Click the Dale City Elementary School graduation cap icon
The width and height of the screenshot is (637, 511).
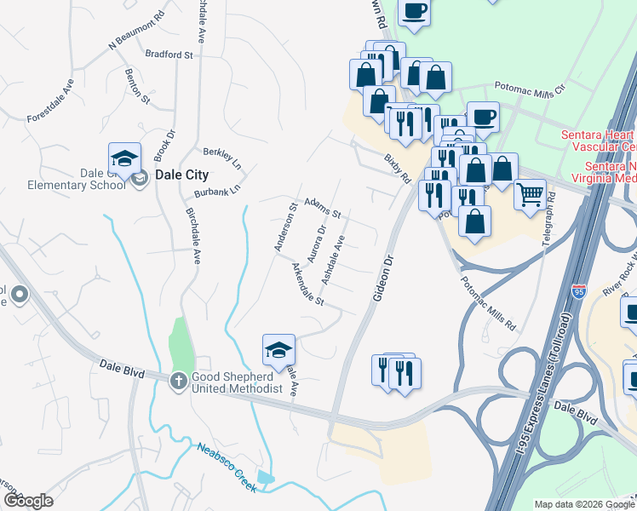[124, 159]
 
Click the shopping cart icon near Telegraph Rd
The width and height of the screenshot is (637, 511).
[530, 196]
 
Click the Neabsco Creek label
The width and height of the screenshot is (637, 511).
[227, 468]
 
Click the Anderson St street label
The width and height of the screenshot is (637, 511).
[285, 226]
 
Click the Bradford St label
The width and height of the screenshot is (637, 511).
[169, 55]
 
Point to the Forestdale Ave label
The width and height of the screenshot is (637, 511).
[51, 100]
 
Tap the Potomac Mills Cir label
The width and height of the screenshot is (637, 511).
[531, 89]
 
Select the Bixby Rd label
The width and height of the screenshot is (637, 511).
[397, 168]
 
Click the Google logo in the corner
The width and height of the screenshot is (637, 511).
[28, 500]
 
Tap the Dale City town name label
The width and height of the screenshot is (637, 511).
[181, 175]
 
